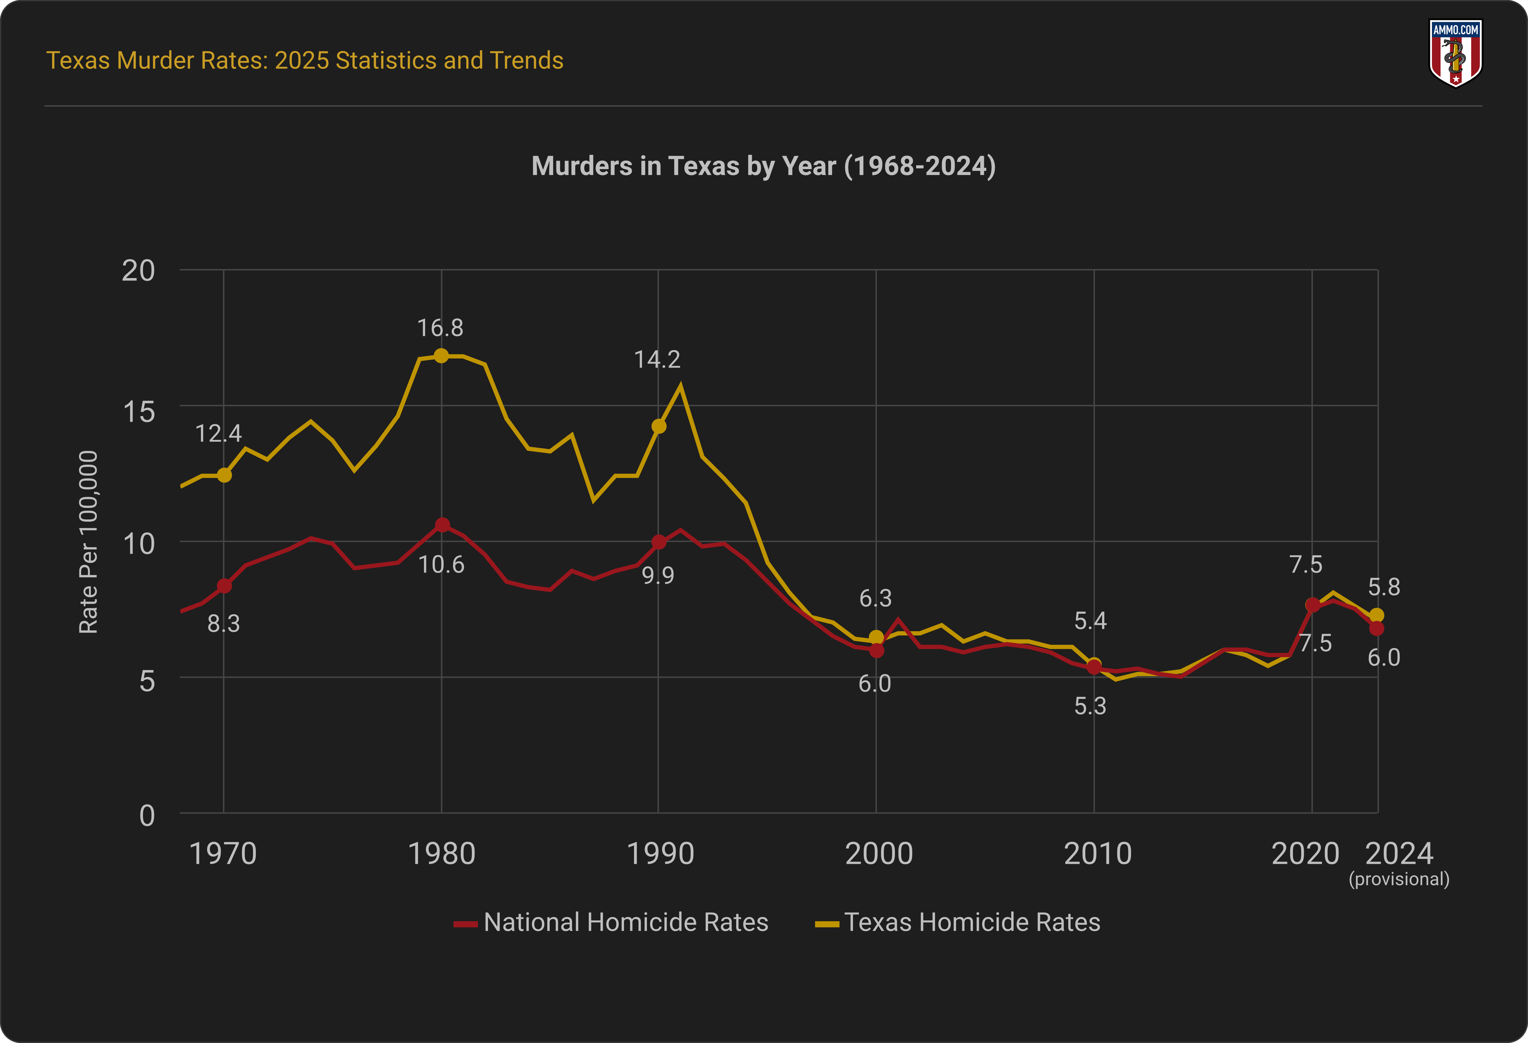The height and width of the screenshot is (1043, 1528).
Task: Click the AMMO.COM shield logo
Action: point(1456,53)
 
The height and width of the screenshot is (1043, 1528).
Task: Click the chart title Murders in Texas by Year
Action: point(763,166)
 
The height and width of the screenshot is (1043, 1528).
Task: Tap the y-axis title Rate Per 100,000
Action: point(88,542)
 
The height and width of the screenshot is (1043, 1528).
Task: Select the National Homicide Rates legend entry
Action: point(611,922)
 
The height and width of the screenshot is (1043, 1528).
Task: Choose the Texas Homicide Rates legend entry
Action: point(958,922)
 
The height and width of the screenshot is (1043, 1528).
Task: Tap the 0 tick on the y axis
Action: point(147,816)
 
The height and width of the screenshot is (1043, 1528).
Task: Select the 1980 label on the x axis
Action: point(441,854)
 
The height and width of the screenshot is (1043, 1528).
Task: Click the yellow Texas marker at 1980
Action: point(441,356)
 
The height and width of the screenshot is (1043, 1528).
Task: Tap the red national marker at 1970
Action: point(224,586)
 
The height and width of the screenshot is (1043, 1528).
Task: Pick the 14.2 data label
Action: point(657,359)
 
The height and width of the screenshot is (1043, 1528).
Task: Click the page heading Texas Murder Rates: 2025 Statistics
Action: point(304,60)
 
